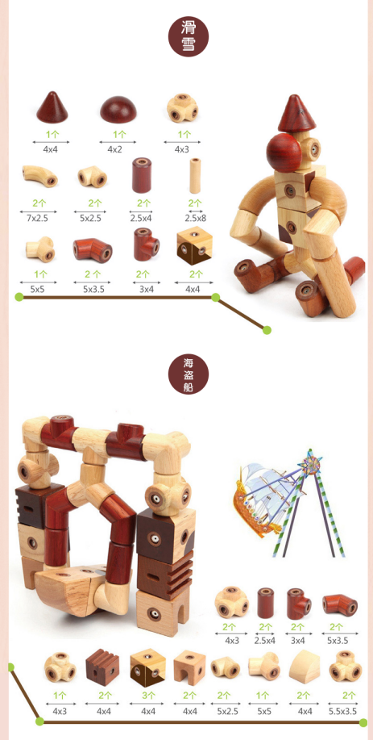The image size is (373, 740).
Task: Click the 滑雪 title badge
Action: coord(189,37)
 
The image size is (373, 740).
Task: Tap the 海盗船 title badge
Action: coord(189,375)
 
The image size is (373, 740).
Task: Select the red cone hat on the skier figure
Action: coord(296,113)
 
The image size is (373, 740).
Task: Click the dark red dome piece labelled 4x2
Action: coord(118,109)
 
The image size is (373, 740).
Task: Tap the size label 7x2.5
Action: coord(38,219)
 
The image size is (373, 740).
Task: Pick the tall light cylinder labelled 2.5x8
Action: coord(195,176)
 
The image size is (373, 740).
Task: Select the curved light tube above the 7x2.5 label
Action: coord(39,176)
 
